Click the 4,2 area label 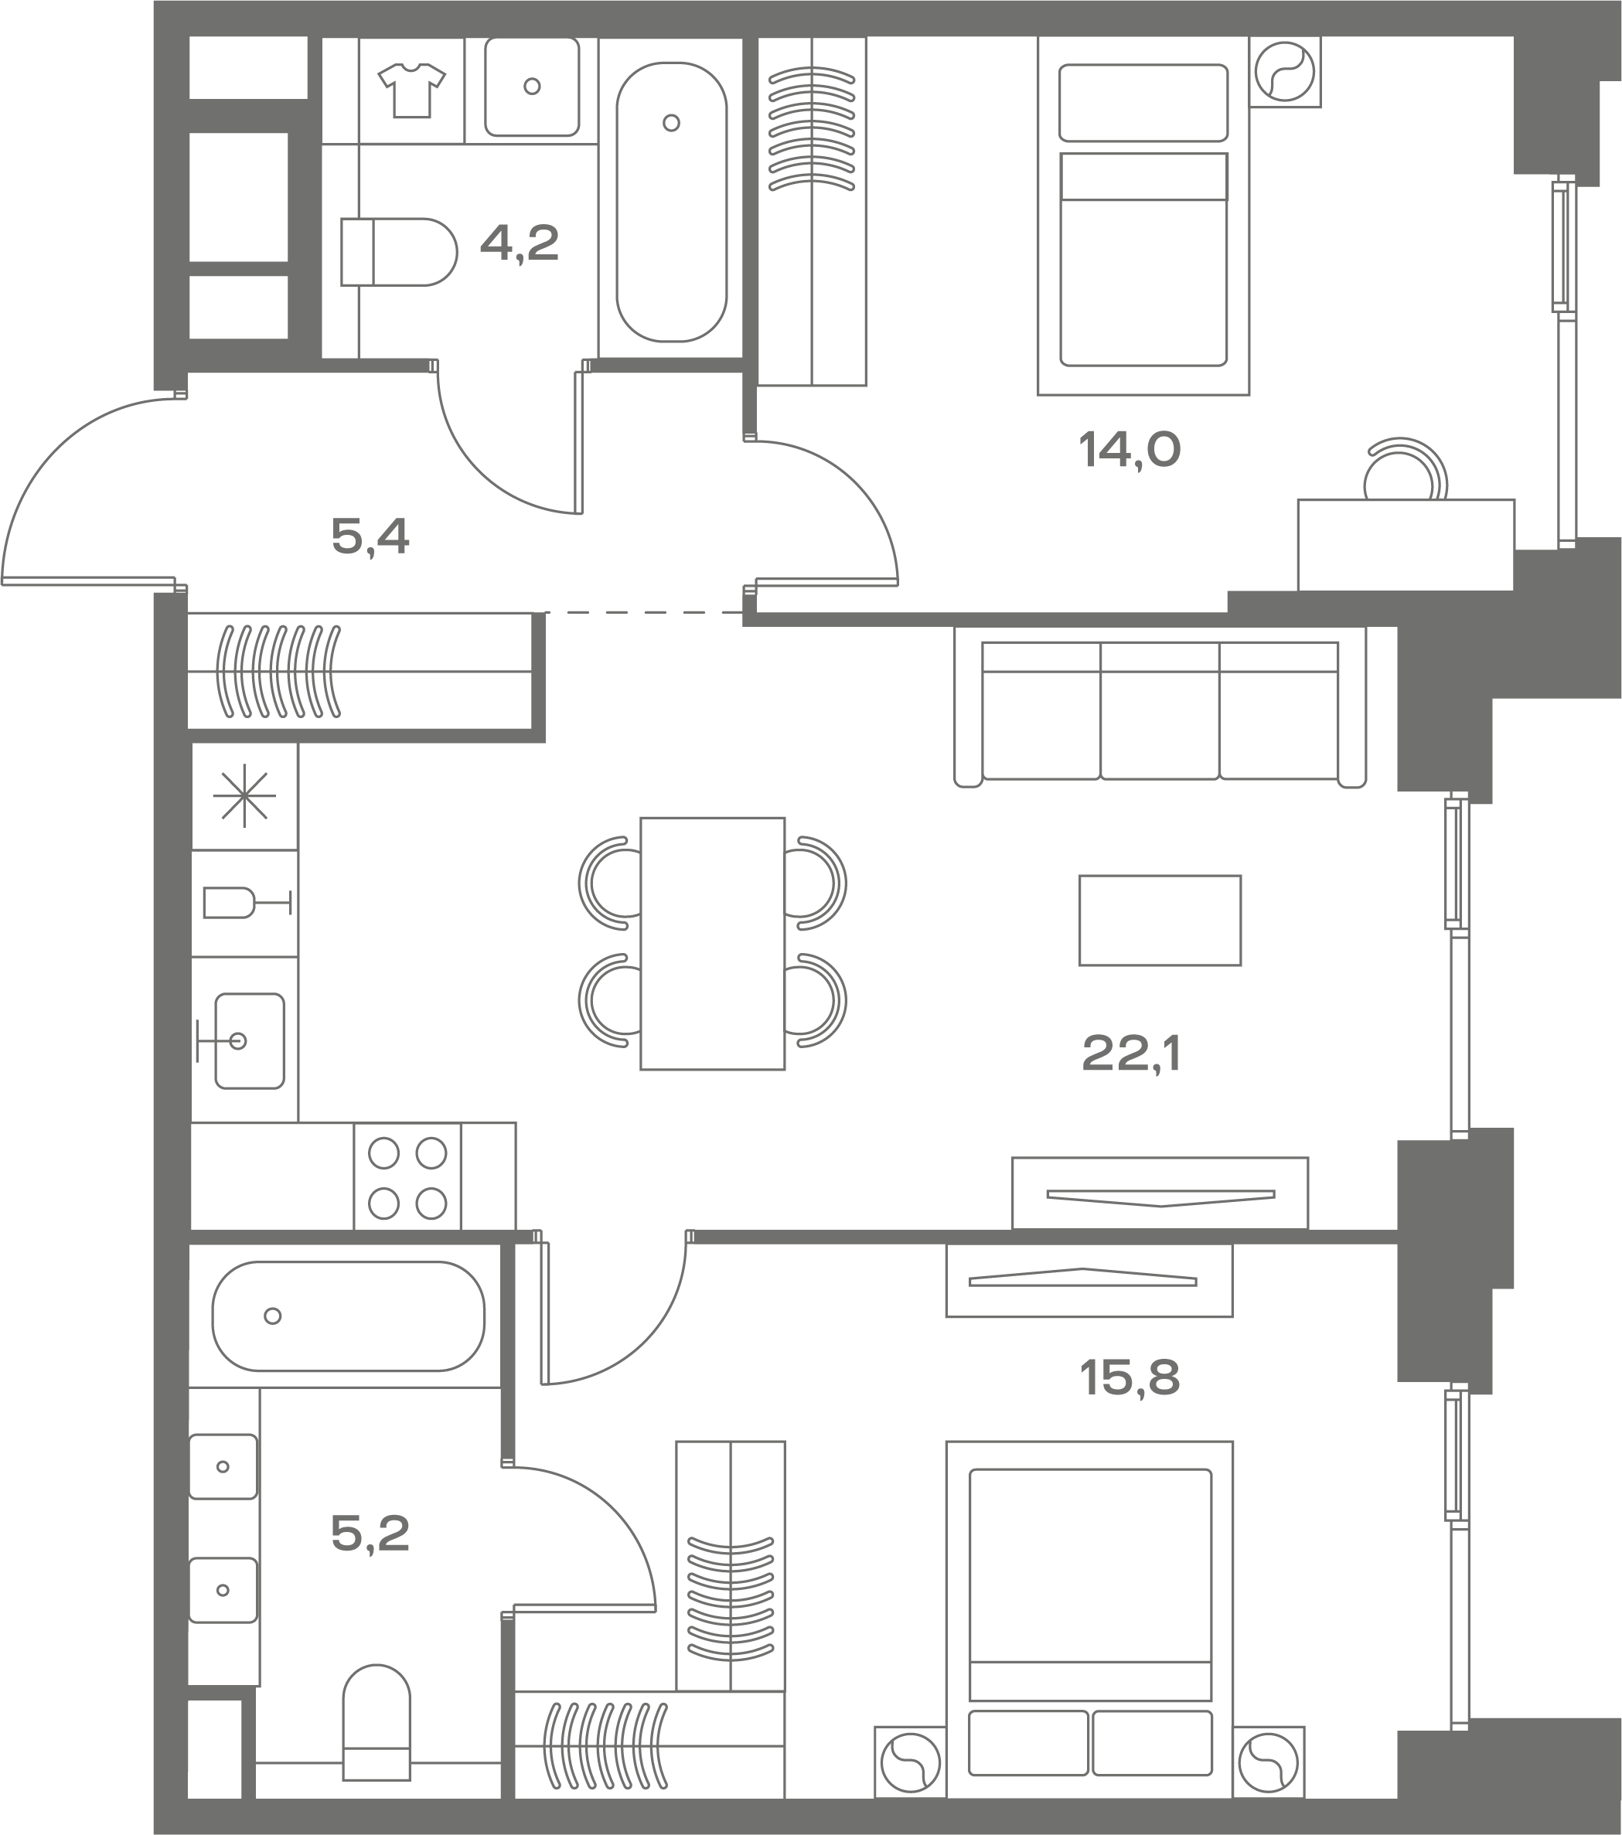(519, 243)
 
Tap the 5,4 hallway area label (370, 537)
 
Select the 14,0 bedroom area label (1129, 449)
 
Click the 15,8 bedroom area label (1129, 1377)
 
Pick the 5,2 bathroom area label (370, 1534)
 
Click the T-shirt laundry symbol (411, 90)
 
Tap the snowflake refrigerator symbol (244, 795)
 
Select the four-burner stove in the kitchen (407, 1176)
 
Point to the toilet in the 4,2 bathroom (399, 252)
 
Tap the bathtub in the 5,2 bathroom (349, 1316)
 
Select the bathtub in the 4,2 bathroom (672, 202)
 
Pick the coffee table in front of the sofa (1160, 920)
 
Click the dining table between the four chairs (712, 944)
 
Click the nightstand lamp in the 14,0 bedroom (1284, 72)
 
